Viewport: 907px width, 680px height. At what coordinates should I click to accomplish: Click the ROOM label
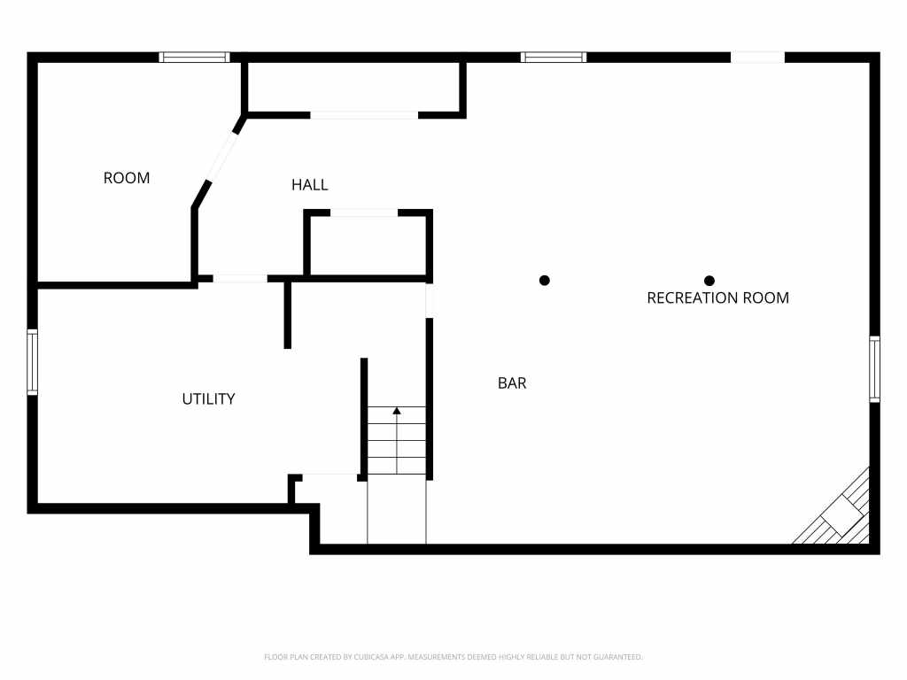point(126,178)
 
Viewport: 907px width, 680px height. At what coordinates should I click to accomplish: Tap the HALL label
point(309,185)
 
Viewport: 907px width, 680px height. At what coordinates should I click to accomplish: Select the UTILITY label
point(208,399)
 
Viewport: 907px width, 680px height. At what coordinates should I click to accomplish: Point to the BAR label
point(512,382)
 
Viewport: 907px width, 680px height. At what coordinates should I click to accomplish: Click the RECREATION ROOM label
point(717,297)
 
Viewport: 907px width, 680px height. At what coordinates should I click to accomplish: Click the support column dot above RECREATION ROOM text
point(709,281)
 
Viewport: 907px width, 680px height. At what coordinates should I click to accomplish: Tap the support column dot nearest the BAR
point(545,281)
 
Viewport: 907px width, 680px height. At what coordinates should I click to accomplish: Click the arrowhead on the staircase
point(397,411)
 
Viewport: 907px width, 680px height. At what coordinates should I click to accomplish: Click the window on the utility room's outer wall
point(33,362)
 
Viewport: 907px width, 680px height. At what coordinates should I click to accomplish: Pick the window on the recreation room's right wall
point(874,369)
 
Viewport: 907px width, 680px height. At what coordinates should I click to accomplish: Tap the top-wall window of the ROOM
point(194,58)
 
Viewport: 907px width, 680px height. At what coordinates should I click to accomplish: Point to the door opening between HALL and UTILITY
point(240,279)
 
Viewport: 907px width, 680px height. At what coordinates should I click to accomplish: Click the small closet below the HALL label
point(368,246)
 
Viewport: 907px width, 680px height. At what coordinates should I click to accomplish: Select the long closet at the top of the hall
point(353,87)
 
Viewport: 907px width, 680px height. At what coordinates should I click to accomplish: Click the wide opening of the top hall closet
point(364,115)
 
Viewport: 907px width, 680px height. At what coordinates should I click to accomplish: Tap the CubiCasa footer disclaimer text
point(453,657)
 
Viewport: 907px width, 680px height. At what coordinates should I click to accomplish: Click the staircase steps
point(397,441)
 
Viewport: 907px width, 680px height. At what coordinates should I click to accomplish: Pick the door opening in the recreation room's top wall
point(758,58)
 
